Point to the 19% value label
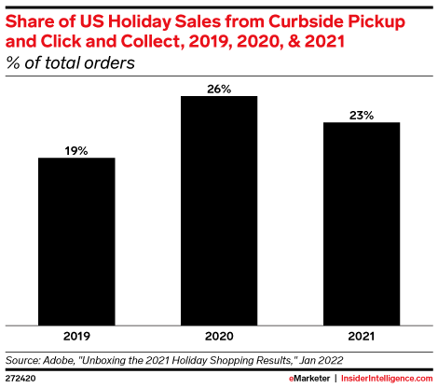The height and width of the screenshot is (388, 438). [76, 149]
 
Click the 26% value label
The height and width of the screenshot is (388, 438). [219, 88]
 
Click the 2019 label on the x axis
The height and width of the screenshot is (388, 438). [76, 335]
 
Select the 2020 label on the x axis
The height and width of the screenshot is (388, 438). [219, 335]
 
